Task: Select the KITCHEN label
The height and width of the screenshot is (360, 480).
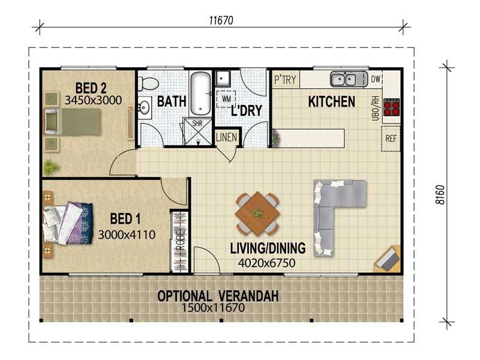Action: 331,101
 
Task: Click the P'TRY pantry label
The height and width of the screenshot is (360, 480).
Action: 285,79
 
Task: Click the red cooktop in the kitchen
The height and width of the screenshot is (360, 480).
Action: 391,107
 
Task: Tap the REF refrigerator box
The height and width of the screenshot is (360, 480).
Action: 391,139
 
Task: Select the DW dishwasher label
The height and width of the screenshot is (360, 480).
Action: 376,79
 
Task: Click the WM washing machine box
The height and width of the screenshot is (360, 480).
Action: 226,98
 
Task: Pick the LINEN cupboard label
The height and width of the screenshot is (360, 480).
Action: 227,137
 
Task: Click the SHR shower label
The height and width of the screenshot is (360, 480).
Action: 197,124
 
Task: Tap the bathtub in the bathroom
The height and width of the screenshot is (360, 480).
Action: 200,93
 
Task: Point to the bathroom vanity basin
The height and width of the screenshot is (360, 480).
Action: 144,107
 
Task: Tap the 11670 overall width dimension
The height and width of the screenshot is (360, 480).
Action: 221,20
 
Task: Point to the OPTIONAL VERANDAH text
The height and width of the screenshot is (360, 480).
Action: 218,296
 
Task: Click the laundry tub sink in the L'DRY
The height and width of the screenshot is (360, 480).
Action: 223,77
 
